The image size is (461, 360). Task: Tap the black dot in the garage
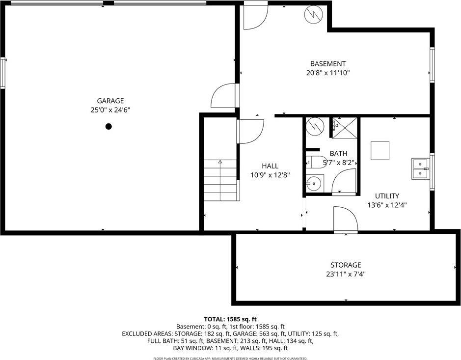pyautogui.click(x=108, y=126)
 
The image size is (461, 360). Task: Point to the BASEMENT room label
pyautogui.click(x=327, y=64)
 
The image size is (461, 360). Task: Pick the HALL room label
pyautogui.click(x=270, y=166)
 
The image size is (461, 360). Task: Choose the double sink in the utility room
pyautogui.click(x=420, y=168)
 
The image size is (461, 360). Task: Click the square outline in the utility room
pyautogui.click(x=380, y=150)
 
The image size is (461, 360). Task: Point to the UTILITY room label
pyautogui.click(x=387, y=195)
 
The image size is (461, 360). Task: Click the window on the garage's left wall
pyautogui.click(x=3, y=73)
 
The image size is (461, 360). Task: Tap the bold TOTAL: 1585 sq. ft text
pyautogui.click(x=230, y=318)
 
